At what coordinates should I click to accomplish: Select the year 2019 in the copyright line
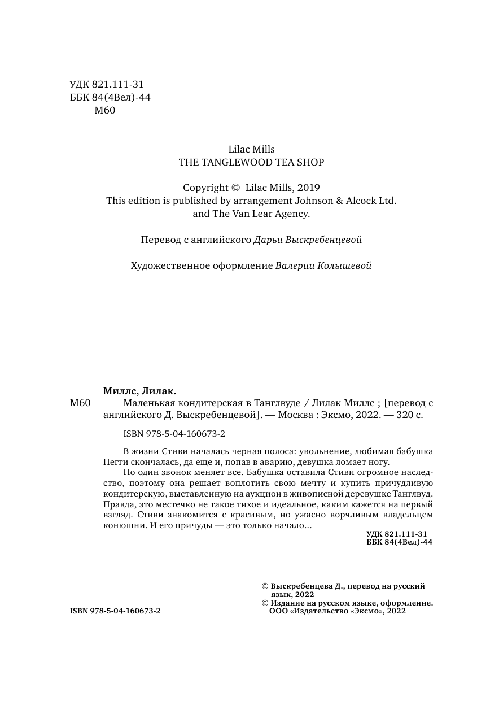point(308,188)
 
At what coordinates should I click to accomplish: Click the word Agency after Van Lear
point(291,214)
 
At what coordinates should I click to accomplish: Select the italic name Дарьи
point(266,240)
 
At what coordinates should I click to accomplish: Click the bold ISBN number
point(115,611)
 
